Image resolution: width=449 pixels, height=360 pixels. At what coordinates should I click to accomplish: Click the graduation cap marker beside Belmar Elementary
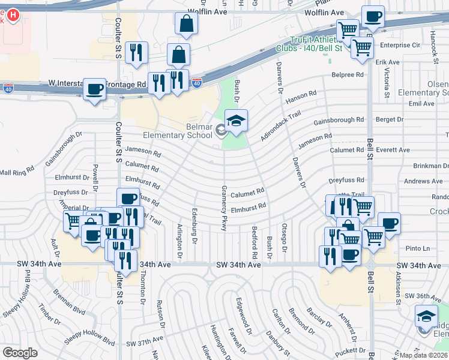[236, 121]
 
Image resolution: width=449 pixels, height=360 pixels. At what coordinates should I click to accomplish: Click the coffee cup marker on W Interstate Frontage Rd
[94, 90]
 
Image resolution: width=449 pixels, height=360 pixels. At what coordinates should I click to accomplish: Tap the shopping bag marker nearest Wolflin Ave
[187, 24]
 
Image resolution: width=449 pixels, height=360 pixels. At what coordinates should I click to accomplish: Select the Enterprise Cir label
[398, 45]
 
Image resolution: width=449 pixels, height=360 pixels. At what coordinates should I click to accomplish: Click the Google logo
[20, 353]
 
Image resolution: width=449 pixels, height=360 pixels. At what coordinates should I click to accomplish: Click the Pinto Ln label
[418, 248]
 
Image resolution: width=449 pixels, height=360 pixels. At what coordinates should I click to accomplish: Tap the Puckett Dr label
[349, 350]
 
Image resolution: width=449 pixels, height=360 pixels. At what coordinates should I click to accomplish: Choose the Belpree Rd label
[348, 75]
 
